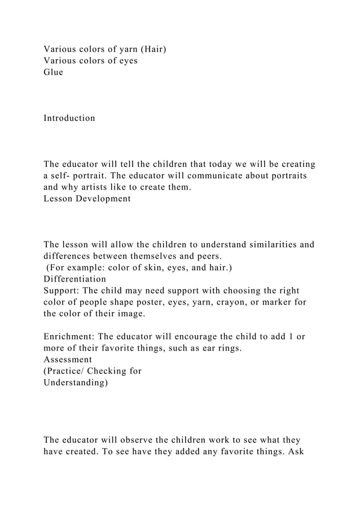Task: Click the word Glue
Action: click(54, 72)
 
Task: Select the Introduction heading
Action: click(69, 118)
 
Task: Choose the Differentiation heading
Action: click(74, 279)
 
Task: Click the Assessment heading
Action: click(68, 359)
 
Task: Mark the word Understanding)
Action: click(76, 383)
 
